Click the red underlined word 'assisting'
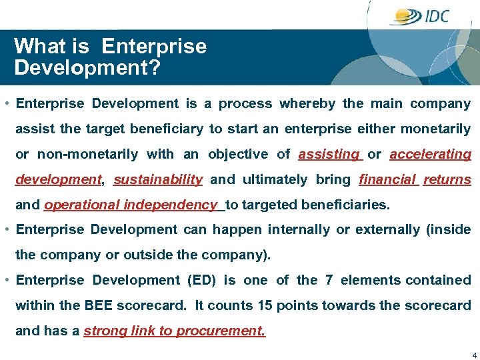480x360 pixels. point(329,155)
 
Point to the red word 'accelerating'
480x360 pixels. point(430,155)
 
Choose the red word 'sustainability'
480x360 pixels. point(158,180)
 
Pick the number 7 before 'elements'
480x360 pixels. point(329,281)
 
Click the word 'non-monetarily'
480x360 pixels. point(87,155)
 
